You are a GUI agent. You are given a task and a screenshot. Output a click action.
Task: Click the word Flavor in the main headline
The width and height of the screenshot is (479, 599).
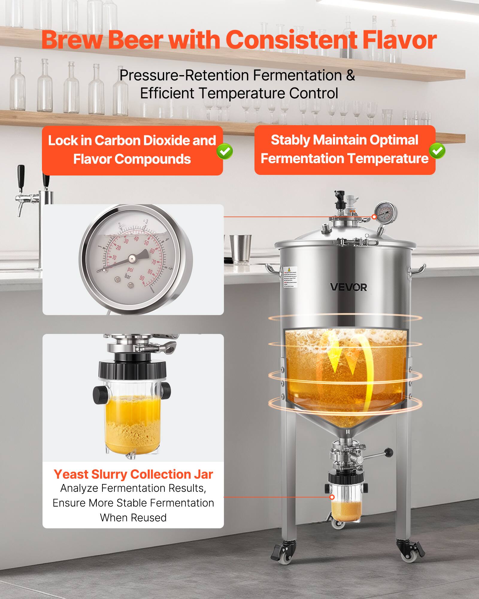(x=399, y=40)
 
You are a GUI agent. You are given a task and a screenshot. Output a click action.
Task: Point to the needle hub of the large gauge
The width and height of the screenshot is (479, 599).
(x=132, y=258)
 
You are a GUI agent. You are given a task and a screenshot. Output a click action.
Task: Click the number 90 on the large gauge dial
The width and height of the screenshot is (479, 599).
(x=142, y=278)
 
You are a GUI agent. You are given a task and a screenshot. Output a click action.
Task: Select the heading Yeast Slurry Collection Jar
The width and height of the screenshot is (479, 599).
(x=133, y=474)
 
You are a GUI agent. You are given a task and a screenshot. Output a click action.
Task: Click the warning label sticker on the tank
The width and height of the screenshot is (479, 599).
(x=290, y=277)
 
